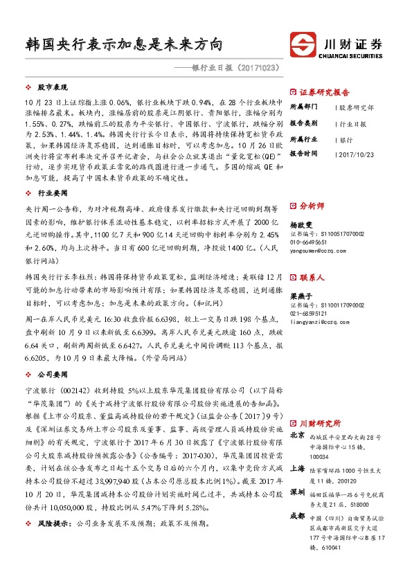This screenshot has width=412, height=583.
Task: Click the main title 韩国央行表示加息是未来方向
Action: pyautogui.click(x=123, y=45)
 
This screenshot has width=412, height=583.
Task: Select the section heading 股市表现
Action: pyautogui.click(x=53, y=88)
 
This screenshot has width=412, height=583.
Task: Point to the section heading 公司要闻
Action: pyautogui.click(x=53, y=373)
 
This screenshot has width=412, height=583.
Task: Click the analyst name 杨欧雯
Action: pyautogui.click(x=300, y=225)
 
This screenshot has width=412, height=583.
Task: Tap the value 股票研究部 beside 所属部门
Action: pyautogui.click(x=357, y=108)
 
